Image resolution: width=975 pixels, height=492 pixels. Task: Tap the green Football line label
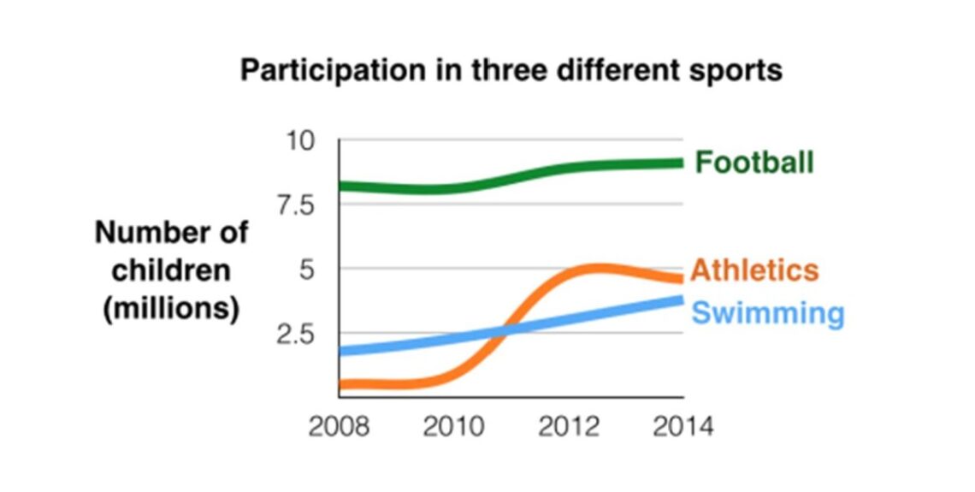click(753, 162)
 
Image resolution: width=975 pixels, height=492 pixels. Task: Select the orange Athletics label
click(754, 270)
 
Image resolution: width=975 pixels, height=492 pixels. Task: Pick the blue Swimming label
click(767, 313)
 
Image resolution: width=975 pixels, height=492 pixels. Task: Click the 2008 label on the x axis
click(339, 426)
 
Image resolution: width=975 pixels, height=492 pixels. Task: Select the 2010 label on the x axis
click(453, 426)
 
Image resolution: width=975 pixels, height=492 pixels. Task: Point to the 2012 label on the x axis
click(569, 426)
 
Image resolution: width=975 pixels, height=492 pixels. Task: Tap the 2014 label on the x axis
click(682, 426)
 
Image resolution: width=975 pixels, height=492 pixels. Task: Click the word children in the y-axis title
click(171, 270)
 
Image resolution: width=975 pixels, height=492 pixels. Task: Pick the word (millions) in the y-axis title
click(171, 308)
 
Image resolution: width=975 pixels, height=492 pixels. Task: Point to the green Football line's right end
click(681, 163)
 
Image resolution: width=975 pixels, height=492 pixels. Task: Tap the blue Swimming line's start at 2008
click(342, 351)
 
